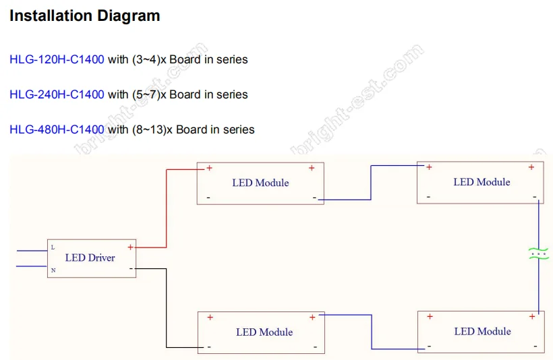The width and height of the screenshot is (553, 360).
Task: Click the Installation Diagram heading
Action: click(x=84, y=16)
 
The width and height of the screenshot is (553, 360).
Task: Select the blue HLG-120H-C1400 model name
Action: click(x=57, y=59)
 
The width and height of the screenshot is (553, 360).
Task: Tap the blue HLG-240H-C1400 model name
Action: click(x=57, y=94)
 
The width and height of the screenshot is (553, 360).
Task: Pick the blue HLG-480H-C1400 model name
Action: click(x=57, y=129)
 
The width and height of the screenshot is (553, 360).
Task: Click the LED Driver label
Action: click(x=90, y=258)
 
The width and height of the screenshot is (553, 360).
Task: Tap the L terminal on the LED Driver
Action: click(x=53, y=247)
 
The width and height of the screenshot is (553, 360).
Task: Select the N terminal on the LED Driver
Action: click(x=53, y=270)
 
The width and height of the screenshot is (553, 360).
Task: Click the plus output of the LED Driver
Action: click(x=130, y=247)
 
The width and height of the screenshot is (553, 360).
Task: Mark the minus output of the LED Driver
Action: click(x=130, y=268)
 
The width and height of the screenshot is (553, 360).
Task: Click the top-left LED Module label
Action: click(x=260, y=183)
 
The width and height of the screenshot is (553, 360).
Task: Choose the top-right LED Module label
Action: click(x=482, y=182)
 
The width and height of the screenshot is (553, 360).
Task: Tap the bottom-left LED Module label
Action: click(x=264, y=332)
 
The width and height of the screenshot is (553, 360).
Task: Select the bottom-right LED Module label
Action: click(x=482, y=331)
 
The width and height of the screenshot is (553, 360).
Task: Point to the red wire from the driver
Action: click(x=166, y=209)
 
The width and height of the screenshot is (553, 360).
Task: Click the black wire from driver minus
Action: click(x=167, y=310)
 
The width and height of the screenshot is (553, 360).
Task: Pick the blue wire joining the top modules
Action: click(x=370, y=182)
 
